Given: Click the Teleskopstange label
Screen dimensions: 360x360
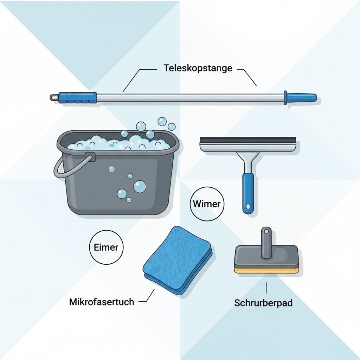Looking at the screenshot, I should tap(198, 68).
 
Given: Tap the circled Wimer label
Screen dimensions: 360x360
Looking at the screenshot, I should tap(207, 204).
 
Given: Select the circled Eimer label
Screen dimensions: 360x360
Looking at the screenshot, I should tap(107, 247).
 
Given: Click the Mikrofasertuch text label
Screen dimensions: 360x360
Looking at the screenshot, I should tap(102, 302).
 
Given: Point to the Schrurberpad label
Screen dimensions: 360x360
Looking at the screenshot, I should tap(263, 303).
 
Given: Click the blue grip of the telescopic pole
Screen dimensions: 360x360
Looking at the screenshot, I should tap(77, 97).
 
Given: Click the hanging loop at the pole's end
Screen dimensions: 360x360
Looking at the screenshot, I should tap(54, 97).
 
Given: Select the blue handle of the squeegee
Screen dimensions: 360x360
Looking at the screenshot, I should tap(248, 192).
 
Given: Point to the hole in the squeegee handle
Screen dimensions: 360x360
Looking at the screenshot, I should tap(248, 206).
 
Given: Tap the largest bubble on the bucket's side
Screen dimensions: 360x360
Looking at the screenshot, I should tap(140, 186).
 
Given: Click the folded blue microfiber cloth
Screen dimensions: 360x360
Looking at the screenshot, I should tap(177, 260).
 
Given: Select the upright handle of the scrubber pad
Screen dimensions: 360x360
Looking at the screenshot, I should tap(266, 243).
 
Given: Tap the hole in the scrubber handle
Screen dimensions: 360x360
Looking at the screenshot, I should tap(266, 231).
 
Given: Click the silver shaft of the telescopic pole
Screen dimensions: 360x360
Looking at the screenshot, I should tap(190, 97).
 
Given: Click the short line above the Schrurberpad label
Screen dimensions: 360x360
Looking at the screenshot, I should tap(266, 288).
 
